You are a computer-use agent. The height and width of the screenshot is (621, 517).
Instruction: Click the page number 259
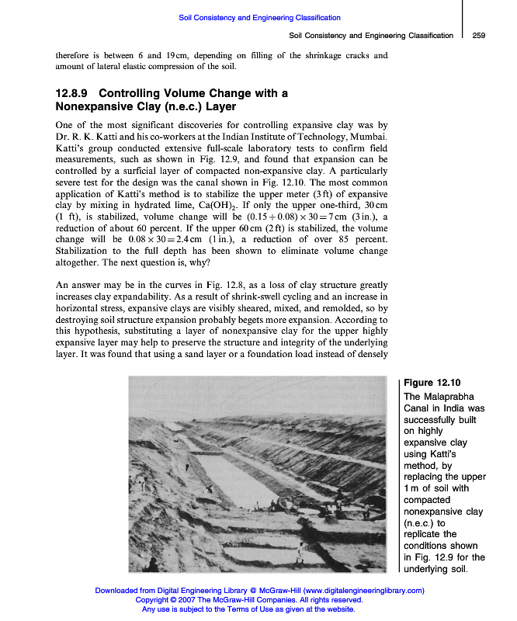[x=478, y=36]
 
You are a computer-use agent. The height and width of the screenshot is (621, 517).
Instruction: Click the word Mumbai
[x=366, y=137]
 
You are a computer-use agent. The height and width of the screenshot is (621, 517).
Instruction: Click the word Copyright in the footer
[x=154, y=600]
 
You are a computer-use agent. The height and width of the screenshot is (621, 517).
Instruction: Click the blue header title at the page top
[x=259, y=17]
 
